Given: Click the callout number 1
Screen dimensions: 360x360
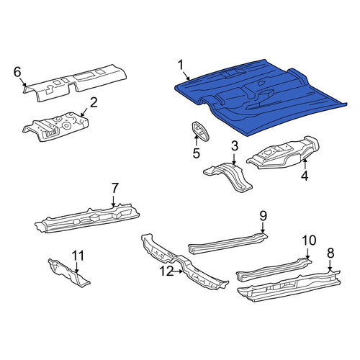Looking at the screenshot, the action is [x=181, y=66].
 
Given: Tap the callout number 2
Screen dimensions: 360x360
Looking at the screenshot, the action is [x=94, y=103].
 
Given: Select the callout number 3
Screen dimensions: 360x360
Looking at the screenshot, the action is [x=234, y=146].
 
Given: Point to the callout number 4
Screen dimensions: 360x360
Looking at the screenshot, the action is [x=305, y=176].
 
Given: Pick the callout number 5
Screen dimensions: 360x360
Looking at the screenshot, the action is [x=196, y=153].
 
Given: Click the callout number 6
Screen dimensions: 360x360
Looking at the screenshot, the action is [x=17, y=72].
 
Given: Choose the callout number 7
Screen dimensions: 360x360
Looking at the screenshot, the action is [x=115, y=188].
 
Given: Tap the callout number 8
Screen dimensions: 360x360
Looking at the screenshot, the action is [x=330, y=253].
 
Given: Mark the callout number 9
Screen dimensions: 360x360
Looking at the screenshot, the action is [x=263, y=216].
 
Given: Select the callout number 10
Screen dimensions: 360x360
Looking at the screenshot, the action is [x=309, y=240].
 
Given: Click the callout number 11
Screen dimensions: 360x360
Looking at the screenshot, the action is [x=78, y=256].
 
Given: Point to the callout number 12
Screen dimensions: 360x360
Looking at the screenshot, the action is [x=166, y=271].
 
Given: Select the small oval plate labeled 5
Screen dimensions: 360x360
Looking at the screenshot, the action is [x=200, y=131].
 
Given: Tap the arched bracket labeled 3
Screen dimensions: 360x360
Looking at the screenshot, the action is [x=228, y=175].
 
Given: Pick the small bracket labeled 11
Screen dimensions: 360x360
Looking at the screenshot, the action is [x=68, y=272].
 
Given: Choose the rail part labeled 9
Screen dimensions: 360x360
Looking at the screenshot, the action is [x=228, y=243].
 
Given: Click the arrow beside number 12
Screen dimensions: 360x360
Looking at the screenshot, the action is [x=178, y=271].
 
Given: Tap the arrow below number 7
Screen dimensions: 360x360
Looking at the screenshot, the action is [x=113, y=200].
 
